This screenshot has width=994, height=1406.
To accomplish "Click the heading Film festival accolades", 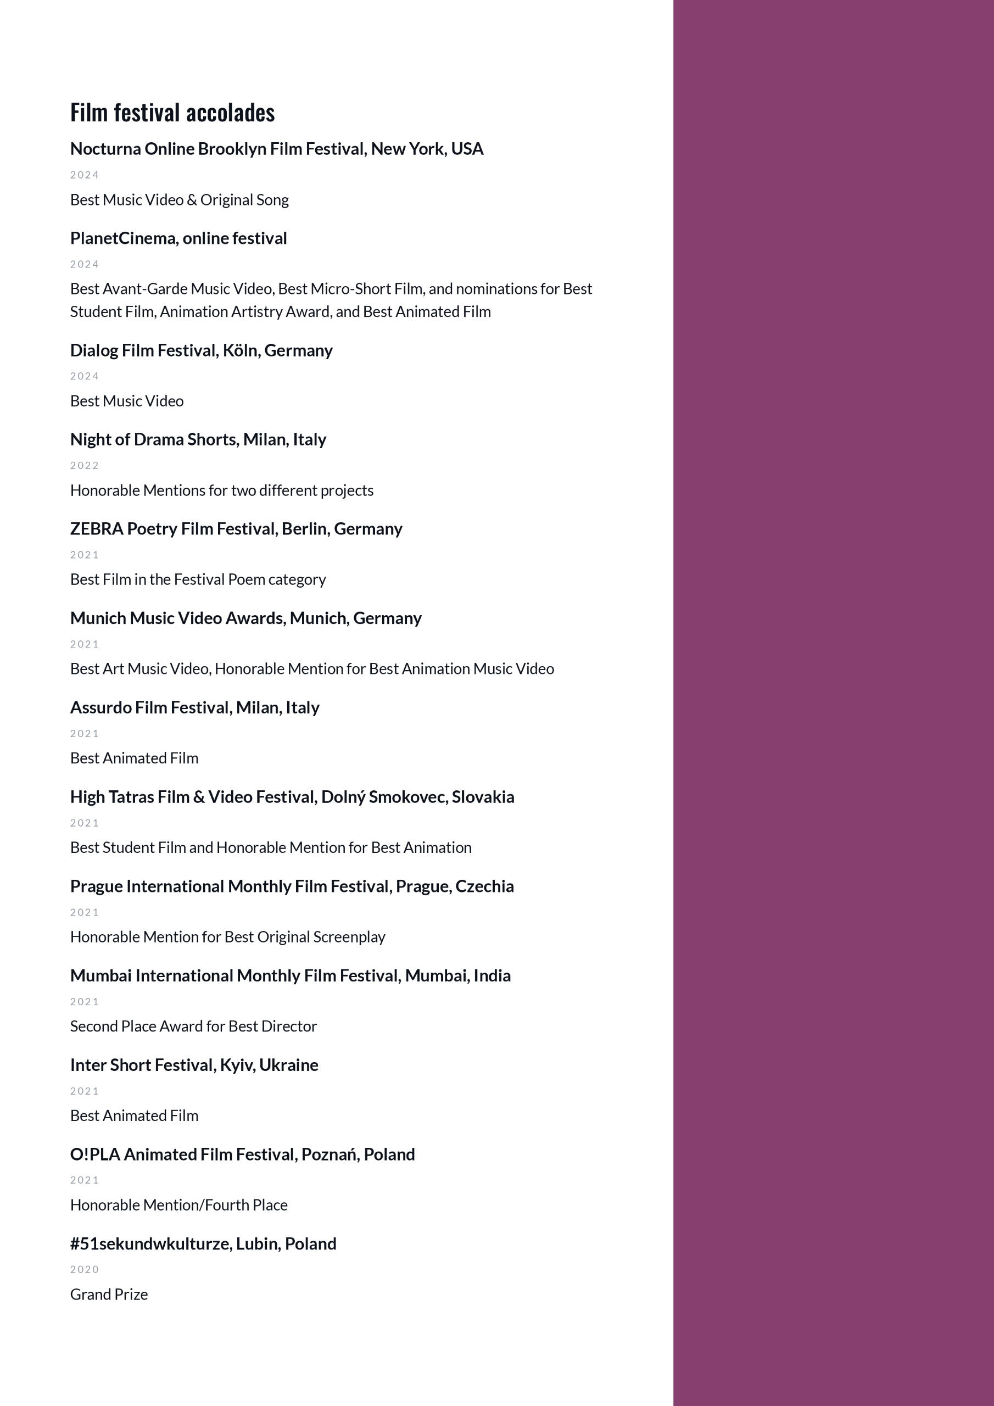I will tap(172, 113).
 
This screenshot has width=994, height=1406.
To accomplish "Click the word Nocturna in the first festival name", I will tap(105, 149).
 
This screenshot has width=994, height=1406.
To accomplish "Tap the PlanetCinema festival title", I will tap(178, 238).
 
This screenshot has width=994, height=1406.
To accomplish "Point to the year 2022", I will tap(85, 465).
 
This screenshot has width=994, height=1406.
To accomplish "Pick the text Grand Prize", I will tap(109, 1294).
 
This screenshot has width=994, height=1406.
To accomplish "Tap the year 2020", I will tap(85, 1269).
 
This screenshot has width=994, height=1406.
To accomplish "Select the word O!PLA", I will tap(95, 1154).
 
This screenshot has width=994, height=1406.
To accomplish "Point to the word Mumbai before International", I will tap(100, 975).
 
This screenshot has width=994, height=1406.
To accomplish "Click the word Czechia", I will tap(484, 886).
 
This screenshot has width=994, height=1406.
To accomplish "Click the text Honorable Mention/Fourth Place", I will tap(179, 1204).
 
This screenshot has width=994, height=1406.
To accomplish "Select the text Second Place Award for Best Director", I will tap(193, 1026).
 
